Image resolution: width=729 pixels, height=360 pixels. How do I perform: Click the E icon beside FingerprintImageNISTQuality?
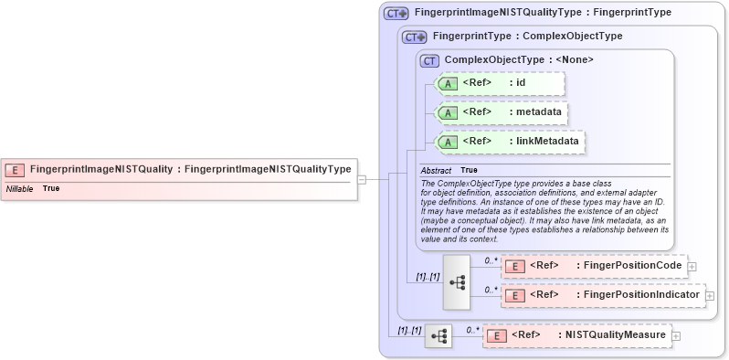(x=16, y=169)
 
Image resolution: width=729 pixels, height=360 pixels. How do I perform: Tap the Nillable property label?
(x=20, y=188)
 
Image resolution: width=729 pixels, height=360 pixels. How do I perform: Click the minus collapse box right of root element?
(x=362, y=179)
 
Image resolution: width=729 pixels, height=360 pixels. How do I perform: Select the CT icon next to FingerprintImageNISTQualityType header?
(x=396, y=14)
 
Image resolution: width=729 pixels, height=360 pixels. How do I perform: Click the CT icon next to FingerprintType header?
(x=415, y=37)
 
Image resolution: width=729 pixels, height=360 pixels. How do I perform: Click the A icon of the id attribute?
(x=449, y=83)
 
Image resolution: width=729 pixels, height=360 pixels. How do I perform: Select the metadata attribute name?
(x=535, y=112)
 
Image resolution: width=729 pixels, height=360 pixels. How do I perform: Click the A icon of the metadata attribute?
(x=449, y=112)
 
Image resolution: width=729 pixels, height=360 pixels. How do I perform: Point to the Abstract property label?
(x=436, y=170)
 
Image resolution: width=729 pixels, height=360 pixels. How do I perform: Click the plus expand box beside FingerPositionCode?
(x=692, y=266)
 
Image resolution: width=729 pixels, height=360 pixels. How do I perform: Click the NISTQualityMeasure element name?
(x=613, y=335)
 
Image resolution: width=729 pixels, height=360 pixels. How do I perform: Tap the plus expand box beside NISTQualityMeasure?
(x=676, y=335)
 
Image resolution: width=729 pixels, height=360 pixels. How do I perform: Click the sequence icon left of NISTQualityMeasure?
(x=438, y=335)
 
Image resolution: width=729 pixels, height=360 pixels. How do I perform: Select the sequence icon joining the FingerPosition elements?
(x=457, y=281)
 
